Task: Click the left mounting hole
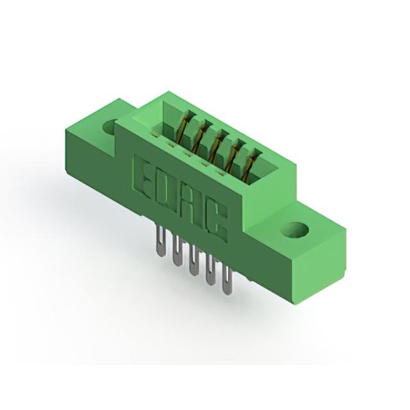click(110, 127)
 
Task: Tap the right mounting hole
click(295, 231)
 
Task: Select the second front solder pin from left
click(177, 250)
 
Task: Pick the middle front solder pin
click(193, 260)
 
